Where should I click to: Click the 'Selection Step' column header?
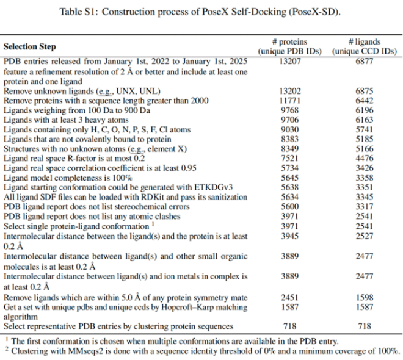(29, 47)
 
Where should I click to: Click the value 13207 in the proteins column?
(289, 62)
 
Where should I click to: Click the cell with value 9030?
(289, 129)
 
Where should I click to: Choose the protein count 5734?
(289, 168)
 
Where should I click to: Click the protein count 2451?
(289, 297)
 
